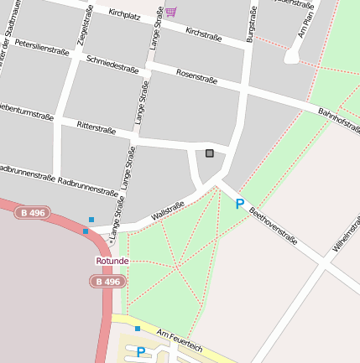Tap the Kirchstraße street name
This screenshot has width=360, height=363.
[203, 33]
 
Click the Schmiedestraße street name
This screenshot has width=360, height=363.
[113, 65]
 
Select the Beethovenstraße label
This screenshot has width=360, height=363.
[274, 226]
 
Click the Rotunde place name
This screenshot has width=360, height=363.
[112, 261]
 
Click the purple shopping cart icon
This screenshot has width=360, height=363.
[171, 12]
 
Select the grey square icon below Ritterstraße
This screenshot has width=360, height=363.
[209, 153]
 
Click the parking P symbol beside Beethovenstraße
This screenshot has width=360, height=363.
[239, 204]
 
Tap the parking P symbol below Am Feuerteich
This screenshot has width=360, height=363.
[141, 352]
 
